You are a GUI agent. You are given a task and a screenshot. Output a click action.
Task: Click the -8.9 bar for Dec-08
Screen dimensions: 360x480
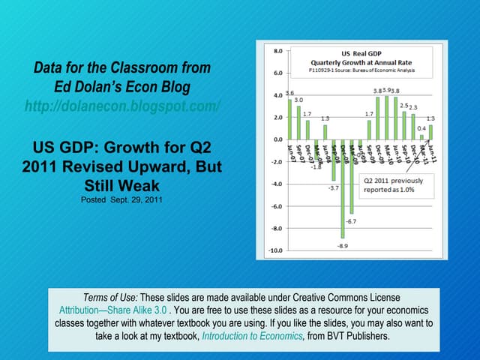(342, 189)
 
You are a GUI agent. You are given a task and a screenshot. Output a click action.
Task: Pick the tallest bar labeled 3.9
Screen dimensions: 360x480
(386, 118)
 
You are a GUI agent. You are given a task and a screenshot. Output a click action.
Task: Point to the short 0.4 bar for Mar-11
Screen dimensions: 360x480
(421, 137)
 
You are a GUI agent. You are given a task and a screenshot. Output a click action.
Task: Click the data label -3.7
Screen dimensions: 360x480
(334, 187)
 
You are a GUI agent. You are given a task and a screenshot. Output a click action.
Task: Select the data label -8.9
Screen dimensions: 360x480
(341, 246)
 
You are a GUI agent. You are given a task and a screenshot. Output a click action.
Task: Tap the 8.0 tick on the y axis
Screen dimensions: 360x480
(277, 51)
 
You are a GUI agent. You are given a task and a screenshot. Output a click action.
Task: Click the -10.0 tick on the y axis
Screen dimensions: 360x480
(275, 250)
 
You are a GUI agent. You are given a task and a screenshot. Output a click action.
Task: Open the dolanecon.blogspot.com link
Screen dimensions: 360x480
(122, 106)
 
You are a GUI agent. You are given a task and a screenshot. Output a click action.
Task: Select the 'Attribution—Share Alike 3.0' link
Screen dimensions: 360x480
(112, 310)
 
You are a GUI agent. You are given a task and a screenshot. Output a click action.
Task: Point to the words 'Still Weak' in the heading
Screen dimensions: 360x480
(122, 184)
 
